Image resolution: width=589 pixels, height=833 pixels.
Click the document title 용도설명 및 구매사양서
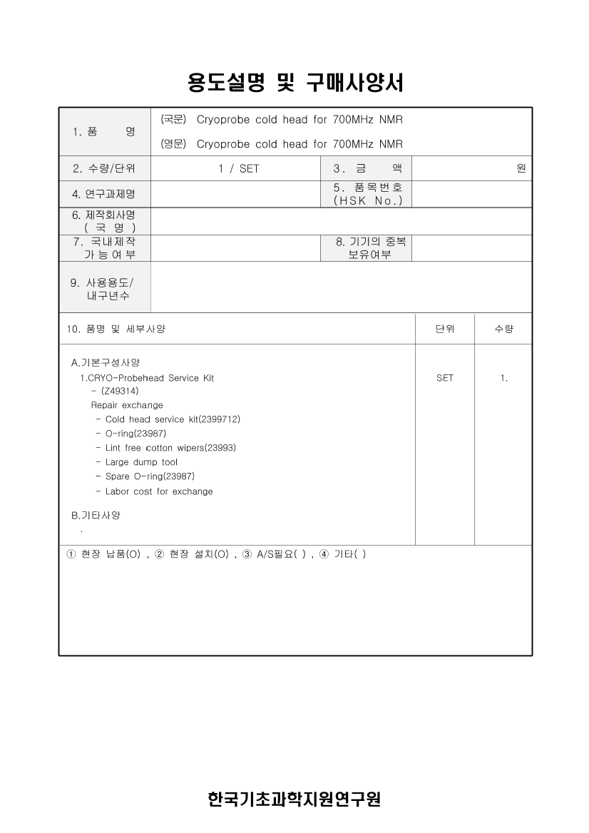click(x=295, y=83)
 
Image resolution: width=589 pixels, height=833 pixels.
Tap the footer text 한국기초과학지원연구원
click(x=294, y=799)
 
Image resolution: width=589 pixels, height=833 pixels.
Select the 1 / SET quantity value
click(x=239, y=169)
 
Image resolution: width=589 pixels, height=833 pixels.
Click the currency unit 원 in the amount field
click(x=521, y=169)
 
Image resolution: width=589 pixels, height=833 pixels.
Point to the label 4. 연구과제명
click(x=103, y=195)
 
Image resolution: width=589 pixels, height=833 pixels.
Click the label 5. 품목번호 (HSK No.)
click(x=367, y=194)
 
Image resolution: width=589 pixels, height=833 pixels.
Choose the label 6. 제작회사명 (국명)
click(x=103, y=221)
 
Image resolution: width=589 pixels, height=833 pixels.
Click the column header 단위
click(x=444, y=329)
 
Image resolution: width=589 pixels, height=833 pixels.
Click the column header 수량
click(x=503, y=329)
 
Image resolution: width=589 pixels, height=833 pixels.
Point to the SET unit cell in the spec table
click(x=444, y=378)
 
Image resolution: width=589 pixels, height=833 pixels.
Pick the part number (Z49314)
click(x=120, y=391)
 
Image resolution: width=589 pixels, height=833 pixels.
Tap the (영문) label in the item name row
click(x=174, y=144)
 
